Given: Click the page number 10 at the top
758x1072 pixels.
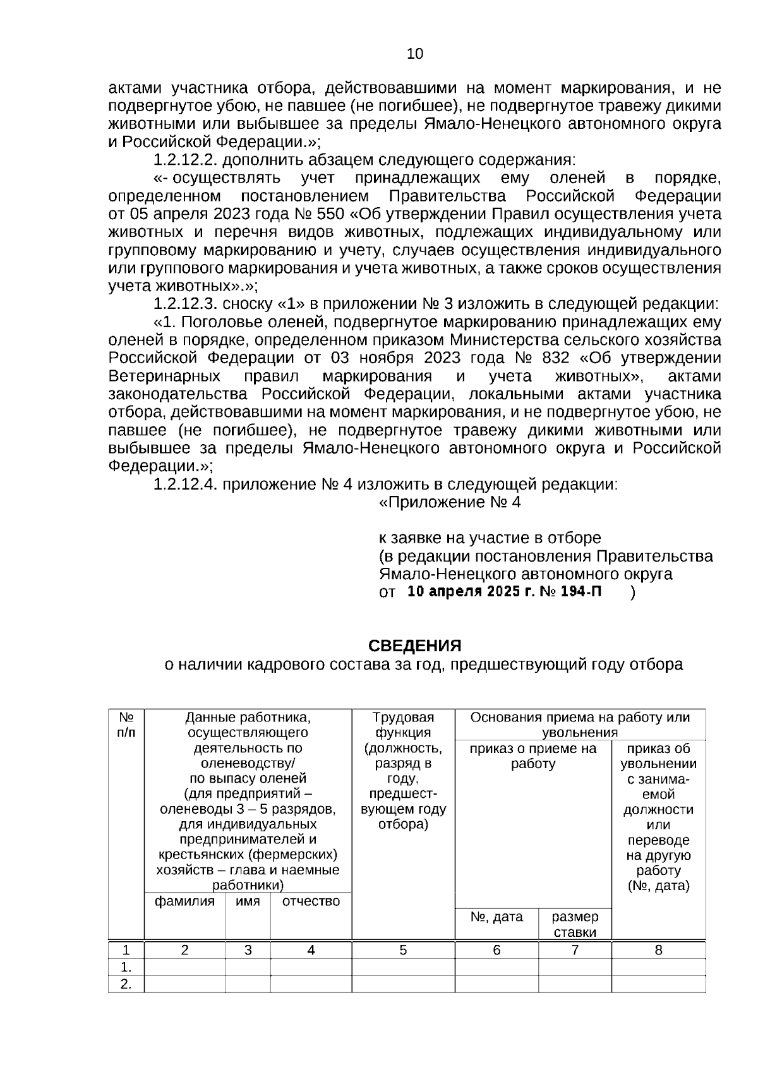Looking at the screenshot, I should [415, 54].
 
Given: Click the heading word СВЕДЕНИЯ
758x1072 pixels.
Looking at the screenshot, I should [415, 646].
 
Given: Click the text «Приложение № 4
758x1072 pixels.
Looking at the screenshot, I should [450, 503].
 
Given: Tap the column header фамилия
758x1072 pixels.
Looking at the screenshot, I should [184, 901].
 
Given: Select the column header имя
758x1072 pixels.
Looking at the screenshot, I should [248, 901].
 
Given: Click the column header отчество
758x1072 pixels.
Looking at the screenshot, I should [311, 901].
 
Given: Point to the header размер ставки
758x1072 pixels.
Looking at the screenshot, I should [575, 924].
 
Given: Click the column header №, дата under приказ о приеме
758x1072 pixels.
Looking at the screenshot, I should [496, 917].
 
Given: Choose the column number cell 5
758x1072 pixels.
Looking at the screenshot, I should [403, 949].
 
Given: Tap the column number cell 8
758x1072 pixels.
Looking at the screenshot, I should [658, 949].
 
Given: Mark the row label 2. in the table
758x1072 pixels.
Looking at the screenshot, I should [126, 984].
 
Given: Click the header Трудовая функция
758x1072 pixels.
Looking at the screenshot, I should [403, 725].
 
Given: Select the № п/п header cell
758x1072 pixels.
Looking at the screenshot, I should [126, 725].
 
